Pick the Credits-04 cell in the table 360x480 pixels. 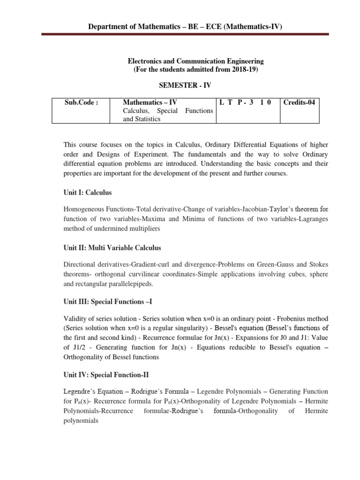[x=298, y=102]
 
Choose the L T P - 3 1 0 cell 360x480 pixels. [x=246, y=102]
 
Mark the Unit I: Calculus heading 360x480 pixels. [x=88, y=192]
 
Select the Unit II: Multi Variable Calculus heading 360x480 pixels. [x=112, y=247]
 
